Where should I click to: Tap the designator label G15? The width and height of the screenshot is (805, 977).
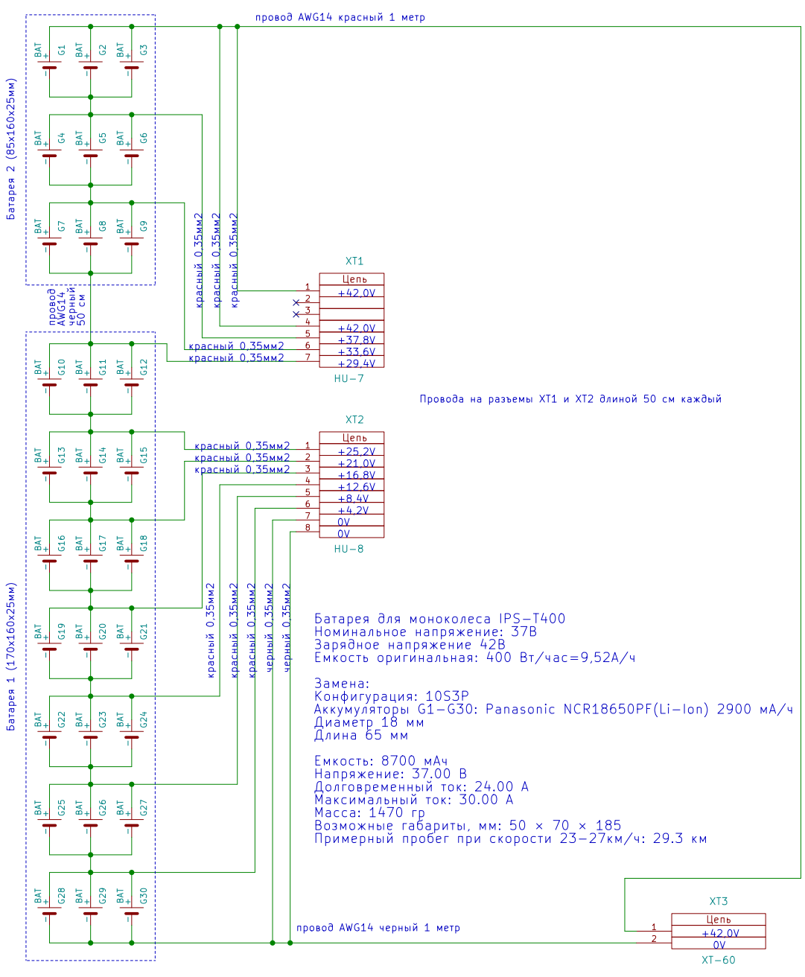point(144,455)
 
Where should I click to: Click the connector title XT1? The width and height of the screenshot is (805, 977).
point(354,261)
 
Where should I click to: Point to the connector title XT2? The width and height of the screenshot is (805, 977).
point(354,420)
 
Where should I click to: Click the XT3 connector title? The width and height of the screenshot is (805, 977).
point(719,902)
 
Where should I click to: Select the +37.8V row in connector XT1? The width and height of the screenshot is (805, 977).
point(357,340)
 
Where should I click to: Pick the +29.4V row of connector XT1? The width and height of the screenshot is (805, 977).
point(357,364)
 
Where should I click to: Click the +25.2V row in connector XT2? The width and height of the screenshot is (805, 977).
point(357,452)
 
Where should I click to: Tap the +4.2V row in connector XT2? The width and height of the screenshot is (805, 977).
point(353,511)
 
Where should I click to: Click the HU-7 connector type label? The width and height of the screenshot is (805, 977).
point(349,379)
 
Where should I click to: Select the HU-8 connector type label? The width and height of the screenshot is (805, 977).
point(349,550)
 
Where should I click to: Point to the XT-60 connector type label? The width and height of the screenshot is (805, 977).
point(718,961)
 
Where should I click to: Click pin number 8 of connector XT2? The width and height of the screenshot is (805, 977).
point(308,528)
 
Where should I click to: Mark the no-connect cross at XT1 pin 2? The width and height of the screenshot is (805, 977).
point(296,303)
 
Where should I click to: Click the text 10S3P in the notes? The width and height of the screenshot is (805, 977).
point(447,697)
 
